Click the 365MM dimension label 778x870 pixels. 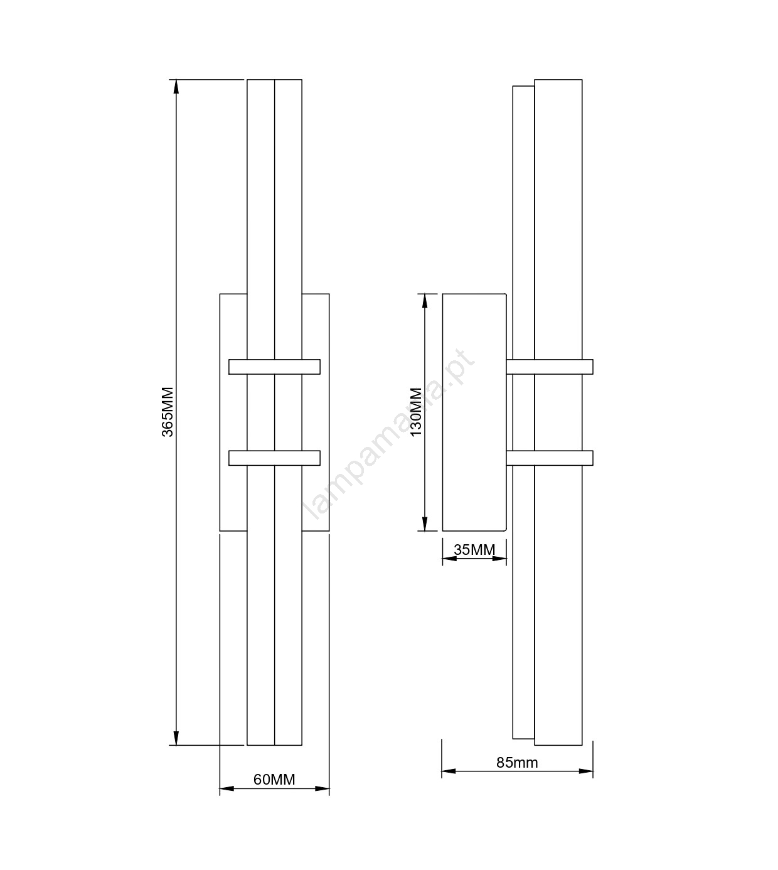coord(168,412)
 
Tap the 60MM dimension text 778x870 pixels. coord(274,780)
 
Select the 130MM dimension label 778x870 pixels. coord(416,412)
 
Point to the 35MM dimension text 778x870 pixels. coord(474,550)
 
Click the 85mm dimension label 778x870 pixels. coord(517,763)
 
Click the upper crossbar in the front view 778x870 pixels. coord(274,367)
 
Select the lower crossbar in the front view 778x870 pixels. coord(274,458)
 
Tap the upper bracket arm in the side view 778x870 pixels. coord(550,367)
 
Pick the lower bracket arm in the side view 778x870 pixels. coord(550,458)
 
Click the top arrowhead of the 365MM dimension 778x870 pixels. coord(176,87)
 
